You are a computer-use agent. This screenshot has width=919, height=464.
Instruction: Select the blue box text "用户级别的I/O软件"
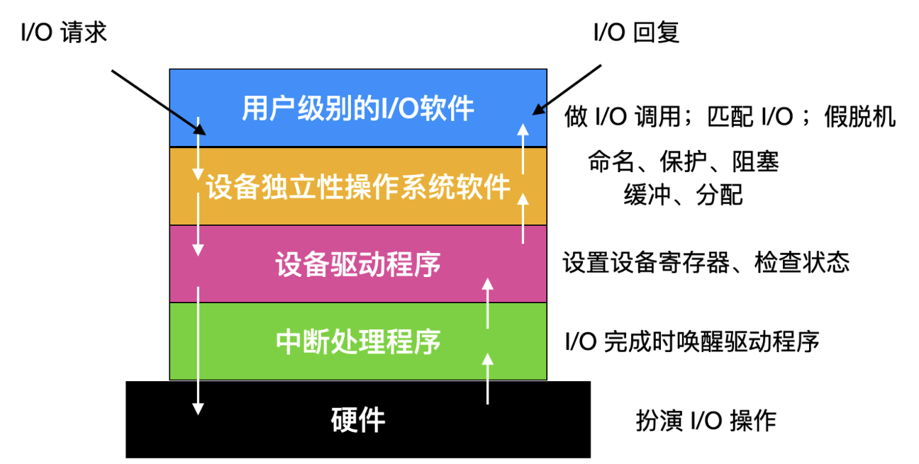click(x=358, y=110)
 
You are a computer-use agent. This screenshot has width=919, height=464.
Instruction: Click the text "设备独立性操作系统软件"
click(x=358, y=188)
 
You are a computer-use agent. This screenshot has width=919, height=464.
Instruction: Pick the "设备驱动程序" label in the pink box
click(x=358, y=264)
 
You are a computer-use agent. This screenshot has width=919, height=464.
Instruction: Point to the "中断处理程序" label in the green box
click(x=358, y=341)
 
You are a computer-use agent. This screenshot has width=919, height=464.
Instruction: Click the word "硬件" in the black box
click(x=358, y=419)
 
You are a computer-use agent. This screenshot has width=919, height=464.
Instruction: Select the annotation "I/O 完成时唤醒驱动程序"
click(x=692, y=342)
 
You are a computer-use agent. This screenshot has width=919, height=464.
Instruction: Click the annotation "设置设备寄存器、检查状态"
click(x=706, y=264)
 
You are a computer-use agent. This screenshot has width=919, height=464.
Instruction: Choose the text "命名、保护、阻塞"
click(x=683, y=162)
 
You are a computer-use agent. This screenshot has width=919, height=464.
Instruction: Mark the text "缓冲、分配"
click(x=683, y=194)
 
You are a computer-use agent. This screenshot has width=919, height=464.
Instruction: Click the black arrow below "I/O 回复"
click(x=567, y=89)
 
